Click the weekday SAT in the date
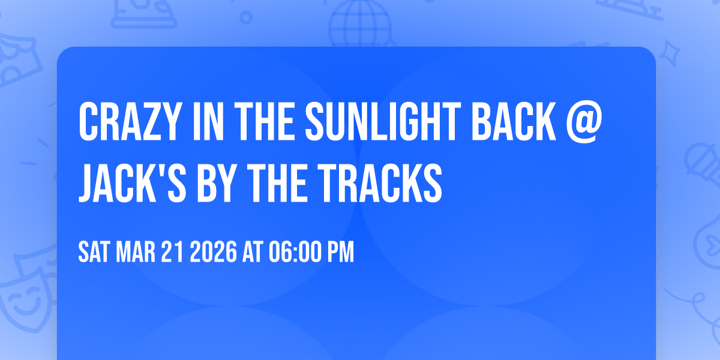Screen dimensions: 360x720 pos(92,253)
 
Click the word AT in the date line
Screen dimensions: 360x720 pos(253,253)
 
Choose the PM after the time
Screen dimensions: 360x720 pos(340,253)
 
